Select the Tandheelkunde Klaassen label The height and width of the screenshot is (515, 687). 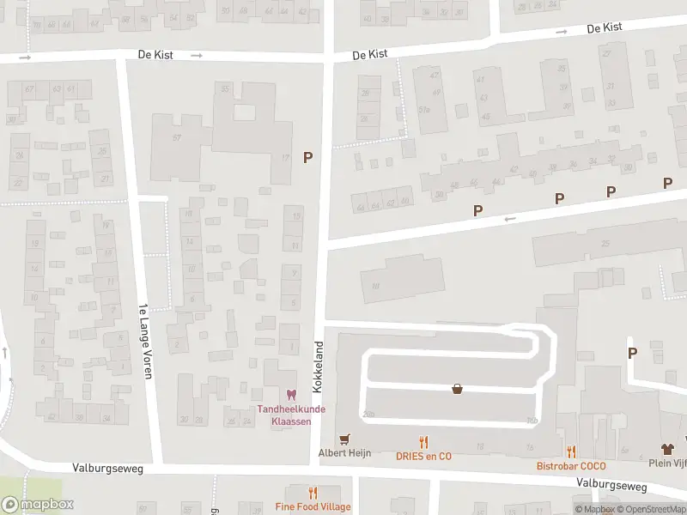291,415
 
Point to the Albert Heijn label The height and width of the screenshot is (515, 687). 344,452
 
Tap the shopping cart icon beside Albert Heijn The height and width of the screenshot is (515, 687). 345,439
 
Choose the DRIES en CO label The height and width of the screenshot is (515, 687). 423,456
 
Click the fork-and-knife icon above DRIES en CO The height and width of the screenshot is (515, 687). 423,443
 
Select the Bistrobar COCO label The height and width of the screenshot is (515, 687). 571,466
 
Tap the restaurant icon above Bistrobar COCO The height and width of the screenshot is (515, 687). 571,451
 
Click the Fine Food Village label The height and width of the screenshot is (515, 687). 313,506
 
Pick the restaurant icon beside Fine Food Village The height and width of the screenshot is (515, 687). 313,493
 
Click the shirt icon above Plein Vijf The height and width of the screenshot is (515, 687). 667,449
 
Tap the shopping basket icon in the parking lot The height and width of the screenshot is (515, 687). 458,388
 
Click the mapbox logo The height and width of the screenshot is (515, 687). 38,505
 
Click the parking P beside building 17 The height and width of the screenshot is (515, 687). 307,157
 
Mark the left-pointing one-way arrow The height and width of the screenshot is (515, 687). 510,219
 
